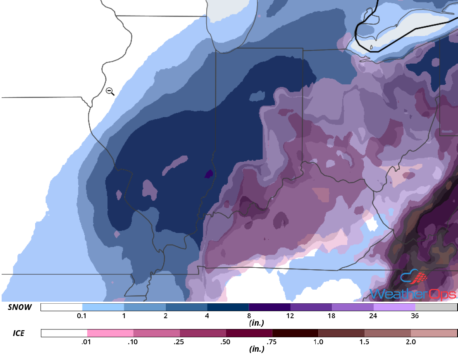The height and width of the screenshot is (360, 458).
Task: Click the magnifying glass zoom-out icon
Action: click(110, 91)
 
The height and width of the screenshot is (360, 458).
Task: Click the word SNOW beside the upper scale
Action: click(20, 307)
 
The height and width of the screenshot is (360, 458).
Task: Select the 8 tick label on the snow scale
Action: click(249, 316)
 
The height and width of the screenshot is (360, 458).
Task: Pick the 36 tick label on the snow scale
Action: click(415, 316)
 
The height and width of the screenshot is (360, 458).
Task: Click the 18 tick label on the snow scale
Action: click(332, 316)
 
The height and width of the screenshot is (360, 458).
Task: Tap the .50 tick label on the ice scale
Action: click(226, 342)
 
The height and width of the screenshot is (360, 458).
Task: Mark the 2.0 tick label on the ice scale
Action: click(410, 342)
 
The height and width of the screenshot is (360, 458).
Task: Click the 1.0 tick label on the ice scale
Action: click(318, 342)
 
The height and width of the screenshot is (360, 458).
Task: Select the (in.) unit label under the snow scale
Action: click(256, 322)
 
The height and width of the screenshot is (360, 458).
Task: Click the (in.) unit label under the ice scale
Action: click(256, 349)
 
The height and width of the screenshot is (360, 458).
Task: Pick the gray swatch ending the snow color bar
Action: click(436, 307)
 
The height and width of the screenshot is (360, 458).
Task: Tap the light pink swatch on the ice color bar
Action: click(110, 333)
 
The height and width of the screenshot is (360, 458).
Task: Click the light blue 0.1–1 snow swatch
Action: click(103, 307)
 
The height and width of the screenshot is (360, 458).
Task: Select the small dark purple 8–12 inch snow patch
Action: click(209, 174)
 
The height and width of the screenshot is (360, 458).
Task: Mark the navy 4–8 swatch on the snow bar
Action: click(228, 307)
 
